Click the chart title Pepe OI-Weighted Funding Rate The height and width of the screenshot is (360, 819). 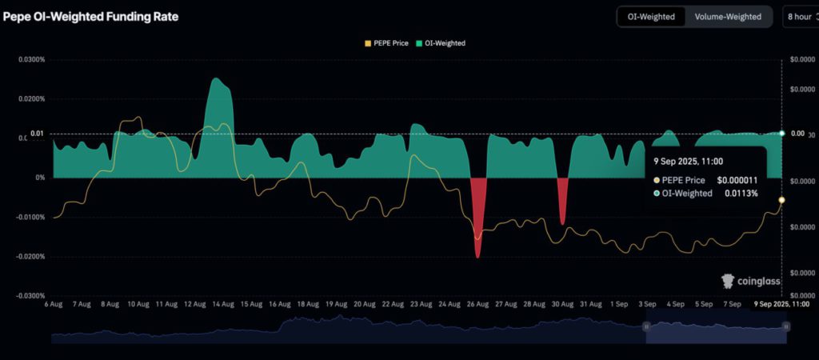coord(91,16)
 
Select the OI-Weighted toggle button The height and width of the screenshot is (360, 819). coord(652,16)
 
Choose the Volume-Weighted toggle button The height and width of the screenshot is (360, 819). coord(728,16)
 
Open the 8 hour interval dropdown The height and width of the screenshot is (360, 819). coord(799,16)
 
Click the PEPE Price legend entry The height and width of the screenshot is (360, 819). coord(386,43)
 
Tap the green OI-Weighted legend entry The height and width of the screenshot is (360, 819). coord(442,43)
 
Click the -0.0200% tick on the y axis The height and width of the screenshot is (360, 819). coord(27,257)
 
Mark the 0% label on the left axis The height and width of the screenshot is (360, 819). coord(39,178)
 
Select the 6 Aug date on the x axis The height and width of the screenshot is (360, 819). coord(54,305)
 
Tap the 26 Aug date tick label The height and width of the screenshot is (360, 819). coord(477,305)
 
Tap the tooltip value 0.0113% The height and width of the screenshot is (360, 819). coord(741,194)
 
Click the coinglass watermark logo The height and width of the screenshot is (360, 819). coord(751,281)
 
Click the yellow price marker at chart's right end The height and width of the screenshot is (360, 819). coord(781,200)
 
